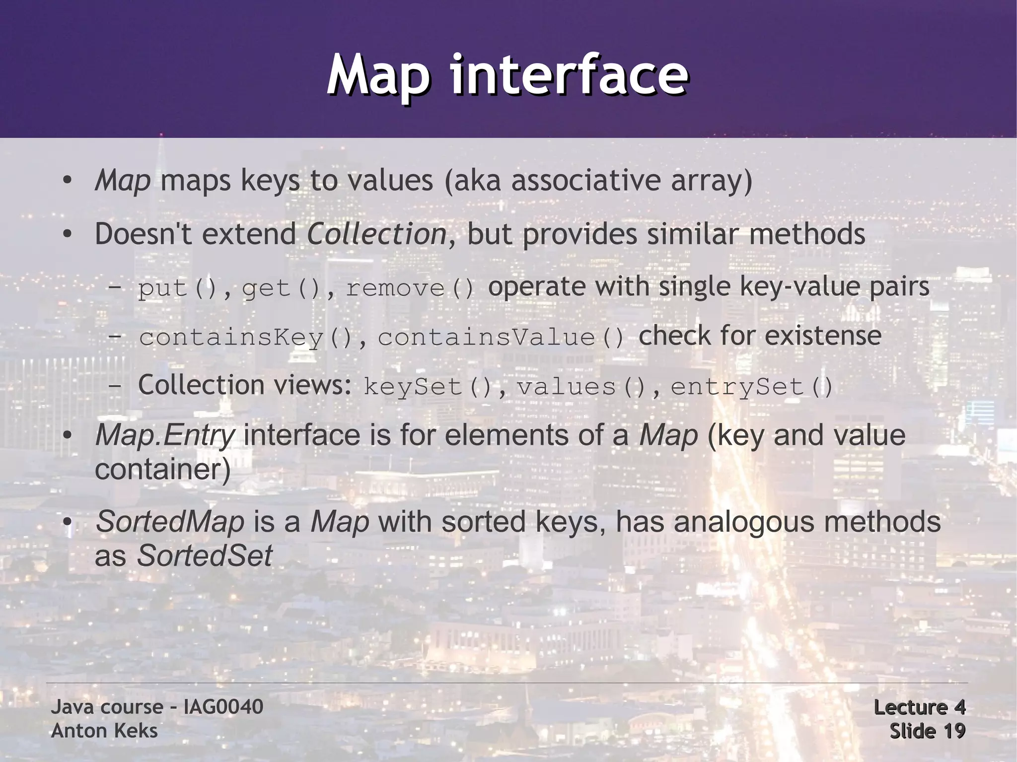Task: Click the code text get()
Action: [x=281, y=288]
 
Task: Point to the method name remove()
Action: [x=410, y=288]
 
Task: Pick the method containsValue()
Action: [x=501, y=338]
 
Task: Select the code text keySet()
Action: [x=428, y=387]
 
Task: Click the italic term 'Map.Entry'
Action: [x=164, y=435]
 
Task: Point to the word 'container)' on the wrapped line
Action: [x=162, y=469]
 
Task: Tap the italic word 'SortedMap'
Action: [x=170, y=522]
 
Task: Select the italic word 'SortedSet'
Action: [x=204, y=555]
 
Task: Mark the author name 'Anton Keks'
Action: [x=104, y=731]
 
